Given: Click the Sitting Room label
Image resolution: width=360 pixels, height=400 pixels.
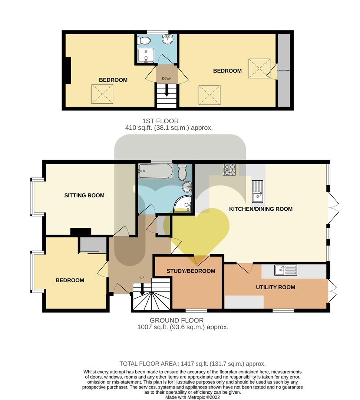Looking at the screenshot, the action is pos(84,196).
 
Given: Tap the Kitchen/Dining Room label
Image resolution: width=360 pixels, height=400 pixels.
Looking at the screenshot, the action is pos(261,209).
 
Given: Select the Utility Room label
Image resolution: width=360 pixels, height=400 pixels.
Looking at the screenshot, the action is pos(275,287).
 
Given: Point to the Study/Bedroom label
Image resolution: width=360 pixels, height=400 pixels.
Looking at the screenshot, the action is pos(191,271).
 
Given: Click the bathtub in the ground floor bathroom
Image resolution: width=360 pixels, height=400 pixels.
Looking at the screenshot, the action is pos(155,171).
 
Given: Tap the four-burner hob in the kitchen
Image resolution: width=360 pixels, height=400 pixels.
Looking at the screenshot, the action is pos(229,170).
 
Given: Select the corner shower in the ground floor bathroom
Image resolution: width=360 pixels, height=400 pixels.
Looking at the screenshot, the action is pos(182,204).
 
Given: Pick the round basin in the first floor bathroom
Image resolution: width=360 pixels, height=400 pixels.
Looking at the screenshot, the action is pos(168,39).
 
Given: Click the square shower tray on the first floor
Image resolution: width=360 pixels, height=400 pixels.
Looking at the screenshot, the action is pos(146,55).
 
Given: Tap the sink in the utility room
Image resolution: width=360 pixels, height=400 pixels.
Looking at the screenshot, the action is pos(286,270).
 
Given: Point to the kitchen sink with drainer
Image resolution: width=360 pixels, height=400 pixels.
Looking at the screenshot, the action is pos(257,191).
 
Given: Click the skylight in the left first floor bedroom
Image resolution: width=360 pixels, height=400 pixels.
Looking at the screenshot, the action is pos(102,94).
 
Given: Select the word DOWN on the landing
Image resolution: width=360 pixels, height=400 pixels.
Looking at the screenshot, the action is pos(167,79).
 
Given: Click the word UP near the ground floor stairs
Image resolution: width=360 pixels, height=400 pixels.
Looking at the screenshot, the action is pos(142,277).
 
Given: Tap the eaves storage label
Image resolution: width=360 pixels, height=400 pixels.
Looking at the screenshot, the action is pos(284,70).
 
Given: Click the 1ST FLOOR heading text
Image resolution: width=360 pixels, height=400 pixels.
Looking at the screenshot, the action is pos(160,121).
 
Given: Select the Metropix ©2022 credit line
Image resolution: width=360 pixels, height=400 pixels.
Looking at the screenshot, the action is pos(192,397).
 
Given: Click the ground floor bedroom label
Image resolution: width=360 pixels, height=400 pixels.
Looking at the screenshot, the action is pos(70,280).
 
